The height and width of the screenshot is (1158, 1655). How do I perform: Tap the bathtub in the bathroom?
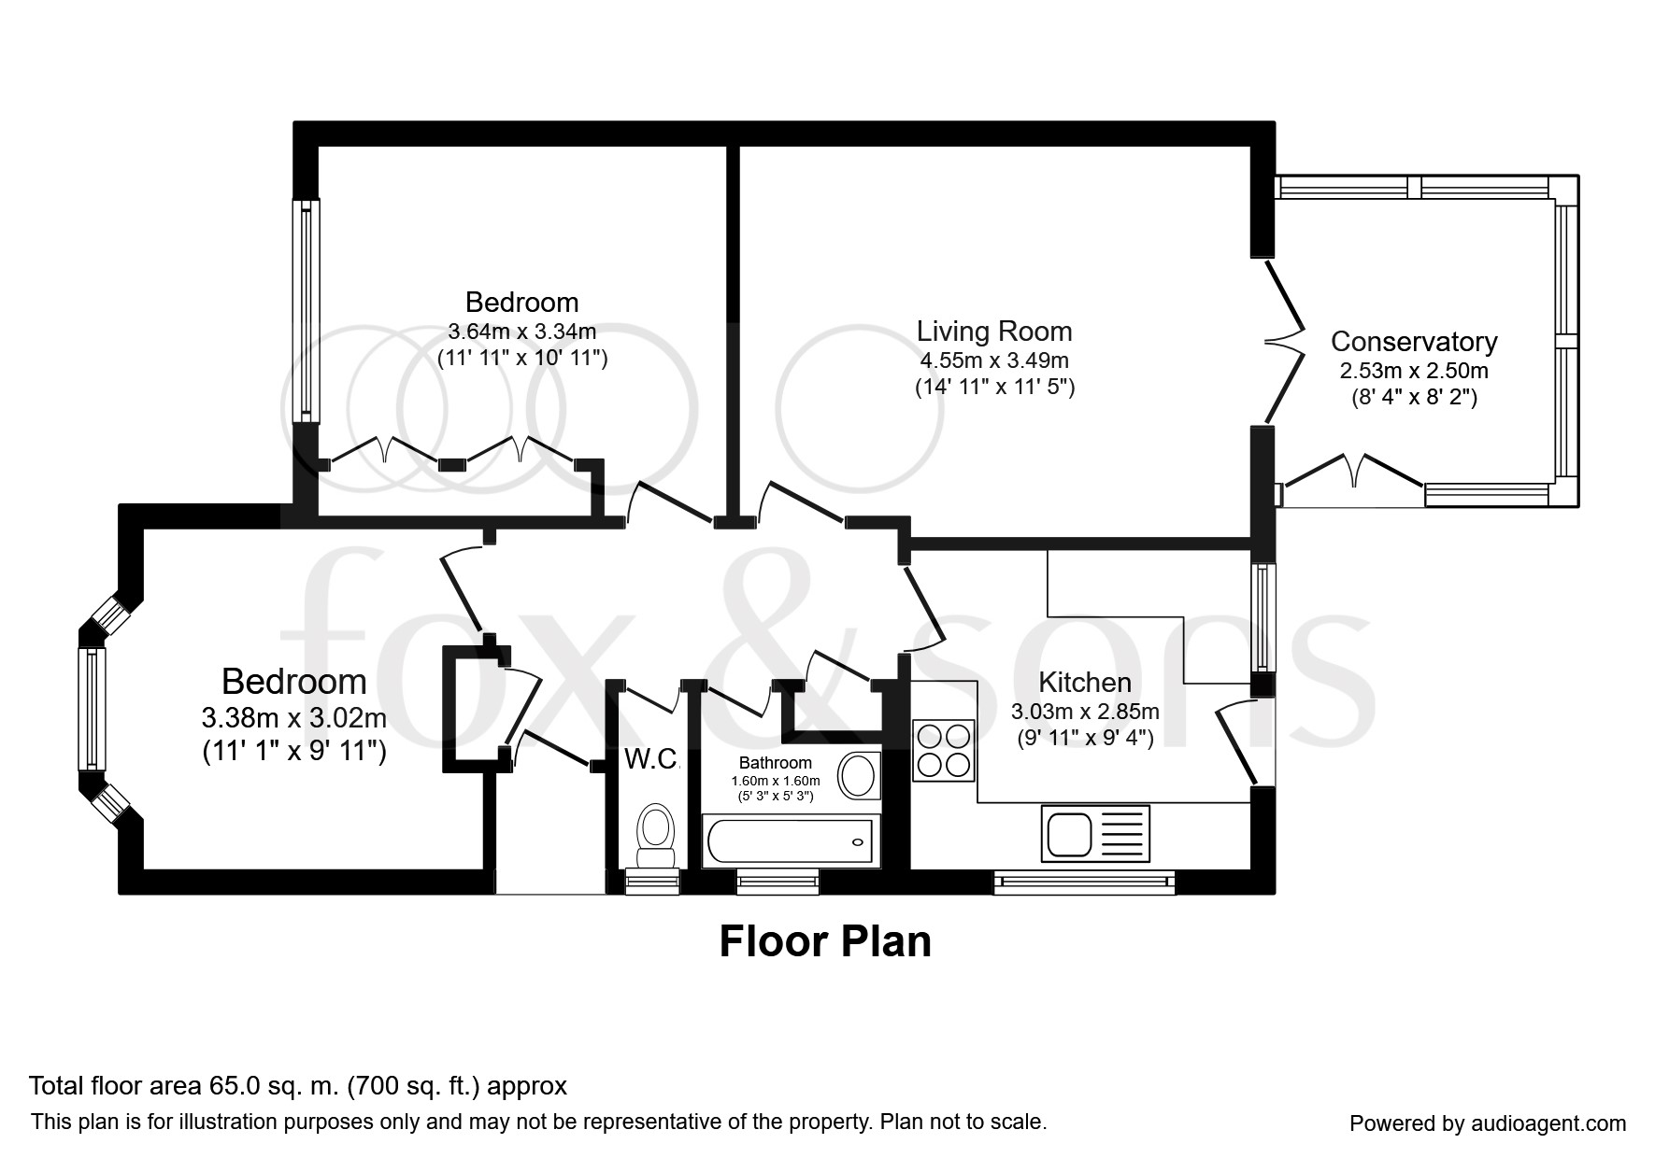[x=790, y=840]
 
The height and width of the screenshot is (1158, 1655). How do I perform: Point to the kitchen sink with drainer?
[x=1094, y=833]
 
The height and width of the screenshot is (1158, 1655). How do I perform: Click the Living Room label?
[x=993, y=332]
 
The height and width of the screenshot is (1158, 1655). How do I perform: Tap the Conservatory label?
[x=1413, y=342]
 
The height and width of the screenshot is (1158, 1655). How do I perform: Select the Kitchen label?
[x=1084, y=683]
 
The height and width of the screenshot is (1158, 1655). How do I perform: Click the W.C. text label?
[x=650, y=759]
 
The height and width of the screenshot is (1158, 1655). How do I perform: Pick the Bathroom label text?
[x=775, y=763]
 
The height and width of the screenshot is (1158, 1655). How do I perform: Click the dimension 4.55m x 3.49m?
[x=993, y=360]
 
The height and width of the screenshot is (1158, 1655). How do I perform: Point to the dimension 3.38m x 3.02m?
[x=293, y=718]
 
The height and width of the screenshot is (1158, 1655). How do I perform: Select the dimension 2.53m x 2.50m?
[x=1413, y=371]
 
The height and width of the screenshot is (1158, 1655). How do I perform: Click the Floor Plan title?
[x=825, y=941]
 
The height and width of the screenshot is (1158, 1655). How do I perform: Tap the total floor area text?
[x=298, y=1086]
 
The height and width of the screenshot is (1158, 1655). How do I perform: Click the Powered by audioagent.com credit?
[x=1487, y=1123]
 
